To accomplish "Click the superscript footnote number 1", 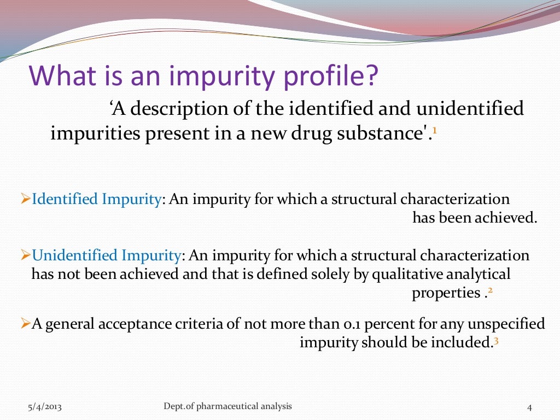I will (434, 131).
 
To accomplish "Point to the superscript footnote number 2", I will (490, 291).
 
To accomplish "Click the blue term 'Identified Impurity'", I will (96, 199).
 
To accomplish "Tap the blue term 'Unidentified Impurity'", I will (107, 255).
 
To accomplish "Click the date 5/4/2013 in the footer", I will (45, 406).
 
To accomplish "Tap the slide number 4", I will (529, 407).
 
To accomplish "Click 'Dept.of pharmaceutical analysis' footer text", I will (227, 406).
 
